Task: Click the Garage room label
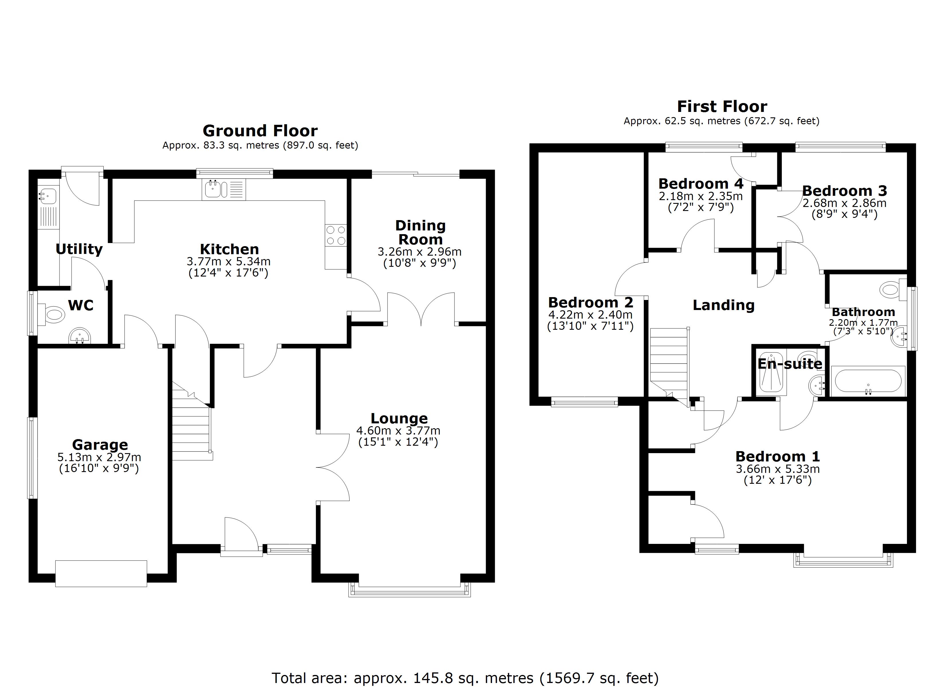[100, 445]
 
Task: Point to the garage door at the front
[101, 573]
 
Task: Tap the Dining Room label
[420, 232]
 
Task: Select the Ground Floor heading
[260, 131]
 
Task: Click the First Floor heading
[722, 107]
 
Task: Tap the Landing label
[723, 305]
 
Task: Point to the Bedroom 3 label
[844, 191]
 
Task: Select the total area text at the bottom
[465, 678]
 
